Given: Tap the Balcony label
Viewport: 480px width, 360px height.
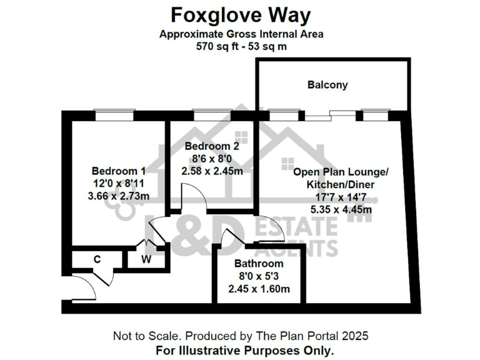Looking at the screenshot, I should [x=327, y=85].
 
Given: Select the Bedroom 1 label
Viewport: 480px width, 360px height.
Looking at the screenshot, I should [x=119, y=171].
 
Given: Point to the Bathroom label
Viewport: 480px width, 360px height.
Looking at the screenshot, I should [x=259, y=264].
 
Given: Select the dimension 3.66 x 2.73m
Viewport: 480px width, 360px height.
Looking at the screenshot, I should [x=119, y=196].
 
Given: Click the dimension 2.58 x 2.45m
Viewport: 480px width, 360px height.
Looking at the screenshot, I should [x=212, y=170].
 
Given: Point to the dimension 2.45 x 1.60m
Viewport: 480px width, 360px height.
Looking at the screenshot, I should [x=259, y=289].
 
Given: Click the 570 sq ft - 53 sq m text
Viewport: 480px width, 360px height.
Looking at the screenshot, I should [x=241, y=47].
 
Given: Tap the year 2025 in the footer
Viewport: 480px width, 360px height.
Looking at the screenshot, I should [x=353, y=336].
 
